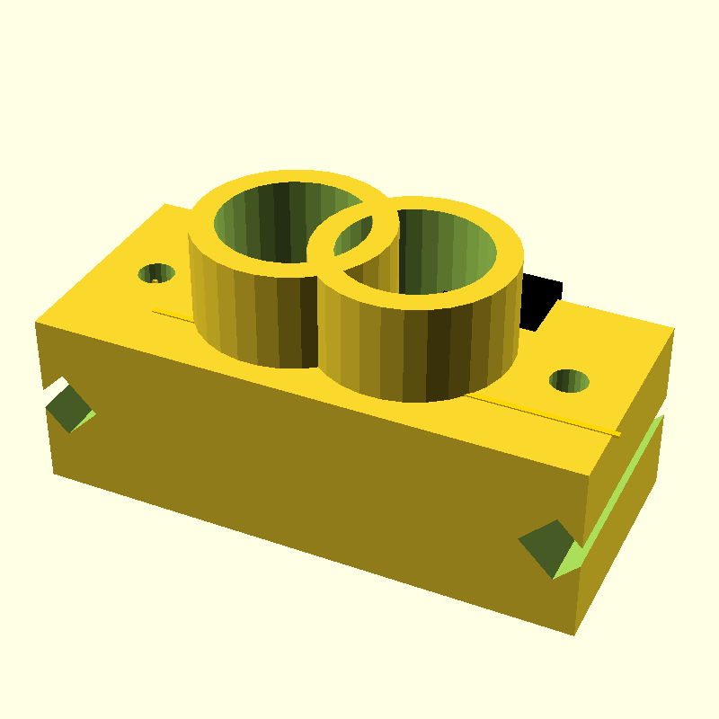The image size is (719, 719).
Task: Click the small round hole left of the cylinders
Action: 157,272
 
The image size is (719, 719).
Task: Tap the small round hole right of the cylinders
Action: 570,381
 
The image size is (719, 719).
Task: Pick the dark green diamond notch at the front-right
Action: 546,546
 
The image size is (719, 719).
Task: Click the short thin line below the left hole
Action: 171,314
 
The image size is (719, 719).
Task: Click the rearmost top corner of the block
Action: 164,204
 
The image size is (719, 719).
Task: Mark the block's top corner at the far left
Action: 36,322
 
